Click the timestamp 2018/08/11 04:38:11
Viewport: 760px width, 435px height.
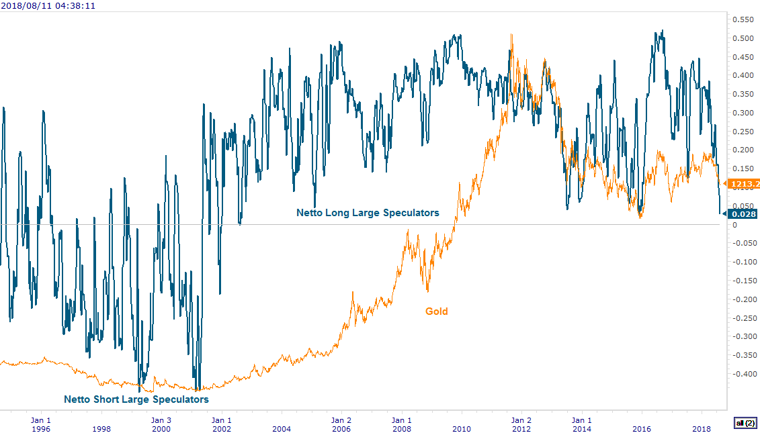[x=48, y=5]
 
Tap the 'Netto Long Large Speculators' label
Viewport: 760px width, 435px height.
[x=368, y=213]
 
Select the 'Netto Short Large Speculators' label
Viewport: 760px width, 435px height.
[x=136, y=399]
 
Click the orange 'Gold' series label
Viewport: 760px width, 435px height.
[x=436, y=311]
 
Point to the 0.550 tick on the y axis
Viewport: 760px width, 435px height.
[x=743, y=20]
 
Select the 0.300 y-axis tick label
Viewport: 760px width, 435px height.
[x=743, y=113]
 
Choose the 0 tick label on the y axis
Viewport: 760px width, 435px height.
[x=735, y=225]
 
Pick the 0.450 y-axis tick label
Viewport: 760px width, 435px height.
[x=743, y=57]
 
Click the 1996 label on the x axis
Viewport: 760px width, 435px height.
[x=42, y=428]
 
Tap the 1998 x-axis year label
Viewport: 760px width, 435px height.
[x=101, y=428]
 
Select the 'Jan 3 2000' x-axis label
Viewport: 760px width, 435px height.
[x=161, y=424]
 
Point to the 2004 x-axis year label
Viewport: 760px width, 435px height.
[x=282, y=428]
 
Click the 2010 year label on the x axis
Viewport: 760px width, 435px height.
[x=462, y=428]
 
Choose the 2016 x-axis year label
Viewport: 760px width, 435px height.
[x=642, y=428]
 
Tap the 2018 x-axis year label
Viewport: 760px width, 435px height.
[x=702, y=428]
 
